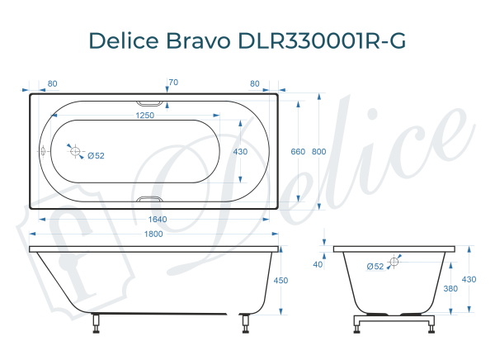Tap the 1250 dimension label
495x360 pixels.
point(146,116)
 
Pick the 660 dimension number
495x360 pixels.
point(298,152)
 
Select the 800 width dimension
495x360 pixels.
point(319,152)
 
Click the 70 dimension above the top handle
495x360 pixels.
point(172,83)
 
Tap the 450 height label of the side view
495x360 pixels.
point(281,281)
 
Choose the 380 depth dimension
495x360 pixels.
point(450,289)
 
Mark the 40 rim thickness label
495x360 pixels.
point(318,264)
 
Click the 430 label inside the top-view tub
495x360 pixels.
point(240,152)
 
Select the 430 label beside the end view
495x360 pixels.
point(469,279)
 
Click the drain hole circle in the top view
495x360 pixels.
point(75,152)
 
